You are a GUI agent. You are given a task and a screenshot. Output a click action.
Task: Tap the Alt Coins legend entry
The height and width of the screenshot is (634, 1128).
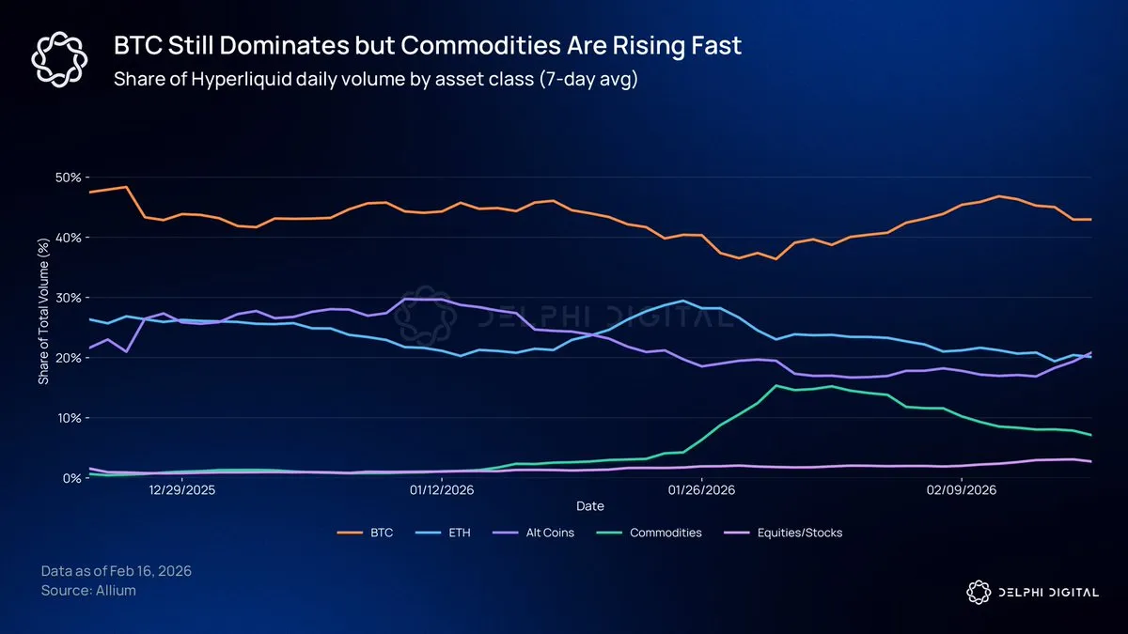[x=541, y=533]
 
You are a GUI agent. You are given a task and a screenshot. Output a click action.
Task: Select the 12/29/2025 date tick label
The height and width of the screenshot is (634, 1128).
[x=181, y=490]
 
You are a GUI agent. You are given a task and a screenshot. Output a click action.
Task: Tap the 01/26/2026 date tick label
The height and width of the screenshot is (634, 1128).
[x=700, y=490]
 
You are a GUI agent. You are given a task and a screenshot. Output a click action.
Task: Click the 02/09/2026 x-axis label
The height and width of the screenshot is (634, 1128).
[x=960, y=490]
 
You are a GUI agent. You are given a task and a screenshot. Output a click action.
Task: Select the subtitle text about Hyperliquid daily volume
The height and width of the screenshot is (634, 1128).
[x=376, y=79]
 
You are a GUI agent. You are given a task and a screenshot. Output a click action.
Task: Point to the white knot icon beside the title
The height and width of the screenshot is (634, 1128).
[x=59, y=60]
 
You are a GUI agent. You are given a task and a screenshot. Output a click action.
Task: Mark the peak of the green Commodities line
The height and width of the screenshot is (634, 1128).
[x=776, y=385]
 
